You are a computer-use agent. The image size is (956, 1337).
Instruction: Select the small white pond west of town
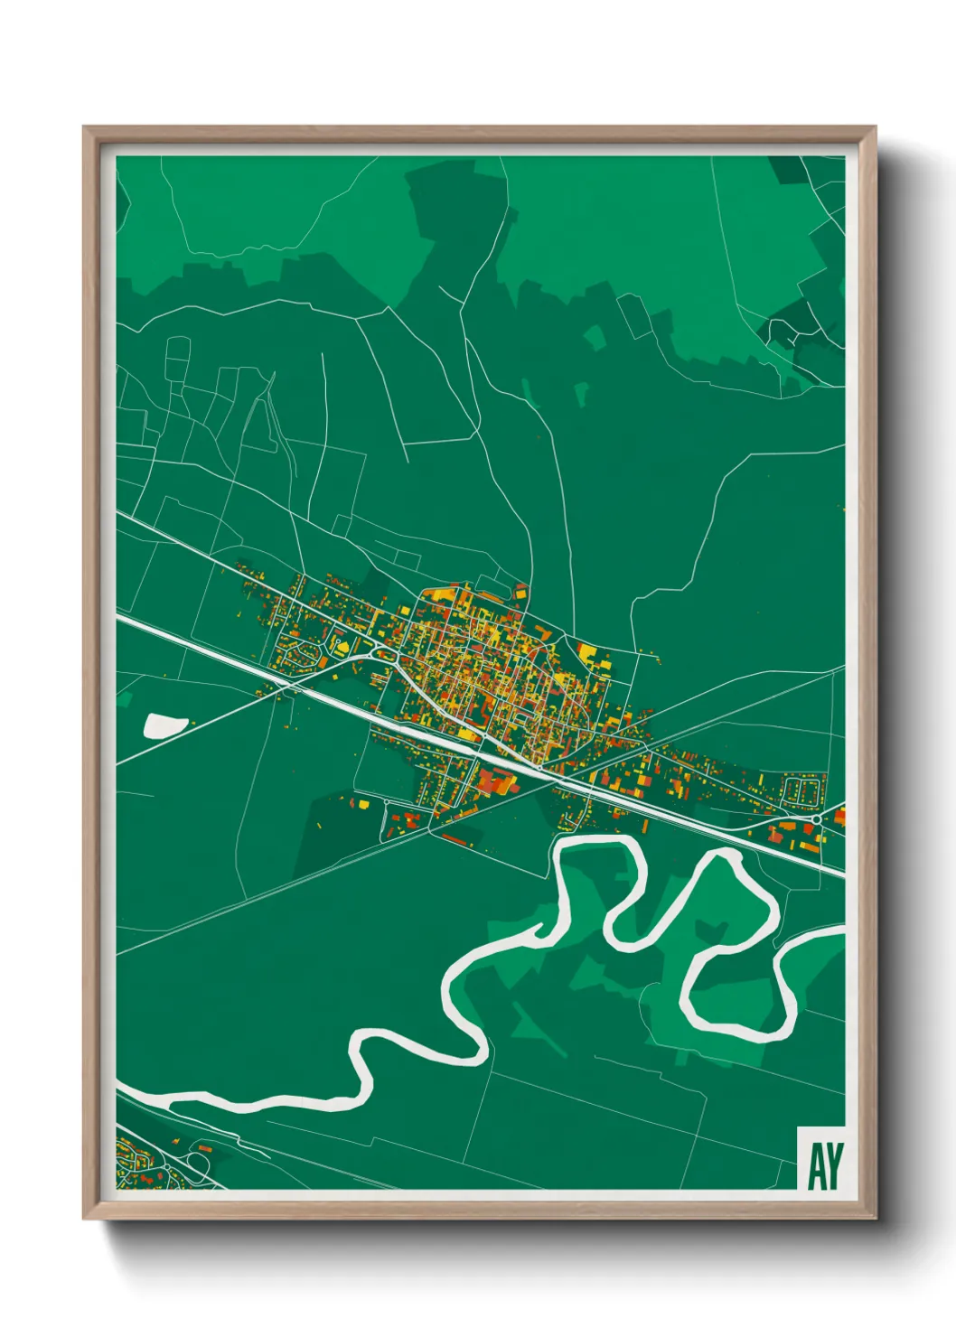coord(164,724)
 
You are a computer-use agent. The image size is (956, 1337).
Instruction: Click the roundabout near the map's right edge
coord(816,818)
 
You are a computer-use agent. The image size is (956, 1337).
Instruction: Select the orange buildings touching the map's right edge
coord(839,817)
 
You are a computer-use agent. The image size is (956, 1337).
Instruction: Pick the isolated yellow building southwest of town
coord(362,802)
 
